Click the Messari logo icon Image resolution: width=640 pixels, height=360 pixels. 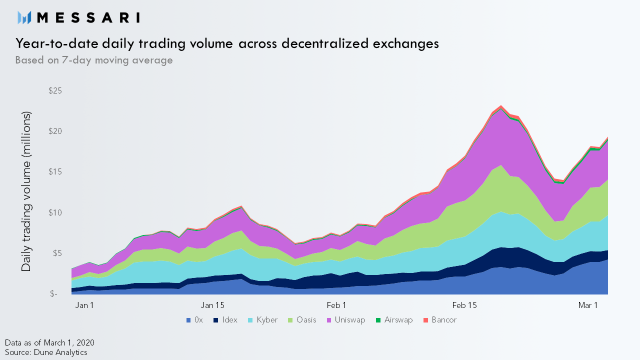coord(24,17)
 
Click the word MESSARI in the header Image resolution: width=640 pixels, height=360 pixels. coord(88,17)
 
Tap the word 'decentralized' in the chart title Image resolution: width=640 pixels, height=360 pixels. coord(325,43)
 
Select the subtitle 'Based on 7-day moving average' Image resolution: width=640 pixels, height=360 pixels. coord(94,60)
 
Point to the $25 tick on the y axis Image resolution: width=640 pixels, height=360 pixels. coord(55,91)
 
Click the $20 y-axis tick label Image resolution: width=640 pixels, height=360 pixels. coord(55,131)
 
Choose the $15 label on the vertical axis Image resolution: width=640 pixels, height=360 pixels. coord(55,171)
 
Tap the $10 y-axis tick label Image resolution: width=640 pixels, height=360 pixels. coord(55,212)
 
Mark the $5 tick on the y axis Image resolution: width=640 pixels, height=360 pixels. coord(56,253)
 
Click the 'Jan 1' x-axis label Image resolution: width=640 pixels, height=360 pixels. coord(84,305)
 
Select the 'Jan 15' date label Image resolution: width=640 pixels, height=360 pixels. coord(212,305)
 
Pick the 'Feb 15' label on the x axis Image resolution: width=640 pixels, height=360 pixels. coord(464,305)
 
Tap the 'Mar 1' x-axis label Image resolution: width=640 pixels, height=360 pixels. coord(588,305)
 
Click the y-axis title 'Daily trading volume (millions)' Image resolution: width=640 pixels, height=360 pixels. coord(26,191)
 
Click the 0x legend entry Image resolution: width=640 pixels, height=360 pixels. coord(194,320)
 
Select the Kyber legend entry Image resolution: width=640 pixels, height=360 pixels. coord(262,320)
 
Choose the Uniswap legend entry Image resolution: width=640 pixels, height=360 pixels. coord(346,320)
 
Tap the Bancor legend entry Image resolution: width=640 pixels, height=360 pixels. coord(440,320)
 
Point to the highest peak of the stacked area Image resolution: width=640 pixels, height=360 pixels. coord(501,105)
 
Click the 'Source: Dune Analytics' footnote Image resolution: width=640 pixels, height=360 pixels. coord(46,352)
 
